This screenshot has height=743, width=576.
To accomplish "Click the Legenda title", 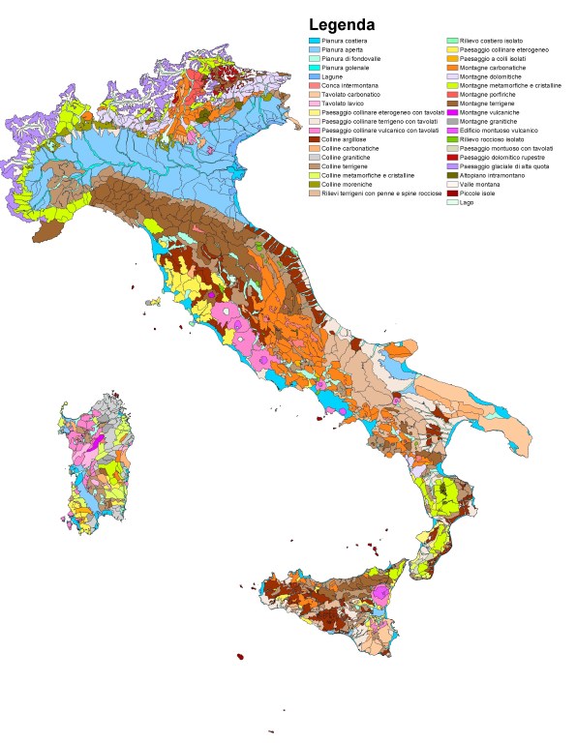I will (343, 24).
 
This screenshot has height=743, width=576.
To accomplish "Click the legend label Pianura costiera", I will (346, 41).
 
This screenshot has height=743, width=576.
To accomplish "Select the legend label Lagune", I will (334, 76).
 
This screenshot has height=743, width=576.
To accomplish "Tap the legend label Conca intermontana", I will (350, 85).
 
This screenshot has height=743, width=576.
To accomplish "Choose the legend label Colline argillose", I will (345, 139).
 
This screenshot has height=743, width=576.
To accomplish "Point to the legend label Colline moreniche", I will (347, 184).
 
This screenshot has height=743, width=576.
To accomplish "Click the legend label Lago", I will (468, 202).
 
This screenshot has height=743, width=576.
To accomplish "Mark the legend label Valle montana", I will (480, 184).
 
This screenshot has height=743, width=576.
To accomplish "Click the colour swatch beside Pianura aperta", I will (314, 49).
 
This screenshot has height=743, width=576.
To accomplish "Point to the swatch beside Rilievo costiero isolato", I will (451, 41).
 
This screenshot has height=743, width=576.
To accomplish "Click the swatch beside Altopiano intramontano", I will (451, 175).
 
